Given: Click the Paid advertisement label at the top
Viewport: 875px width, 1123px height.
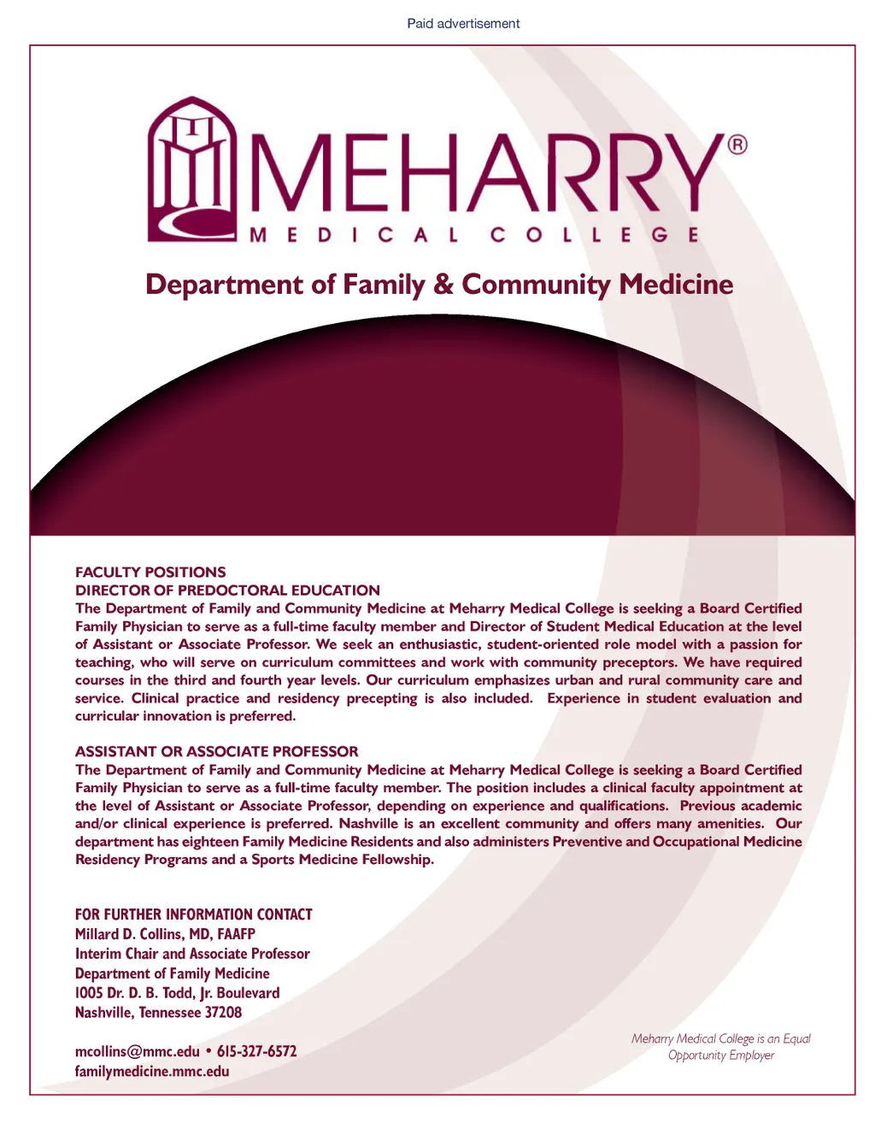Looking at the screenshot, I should click(x=463, y=24).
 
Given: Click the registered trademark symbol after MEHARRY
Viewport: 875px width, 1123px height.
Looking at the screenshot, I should click(x=737, y=144).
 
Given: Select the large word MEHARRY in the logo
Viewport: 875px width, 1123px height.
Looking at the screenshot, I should click(x=483, y=174).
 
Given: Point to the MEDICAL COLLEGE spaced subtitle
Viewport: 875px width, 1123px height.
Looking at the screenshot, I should click(x=474, y=235).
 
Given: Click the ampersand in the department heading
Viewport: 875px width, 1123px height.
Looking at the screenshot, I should click(x=443, y=285).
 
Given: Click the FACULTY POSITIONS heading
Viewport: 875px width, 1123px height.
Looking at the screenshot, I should click(x=150, y=573).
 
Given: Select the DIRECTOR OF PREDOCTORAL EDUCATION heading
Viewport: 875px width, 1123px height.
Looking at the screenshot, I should click(x=227, y=591).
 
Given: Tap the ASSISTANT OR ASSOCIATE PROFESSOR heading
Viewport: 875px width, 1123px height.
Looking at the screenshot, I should click(x=217, y=752).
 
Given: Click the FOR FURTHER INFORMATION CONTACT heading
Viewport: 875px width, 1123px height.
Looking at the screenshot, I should click(x=194, y=914).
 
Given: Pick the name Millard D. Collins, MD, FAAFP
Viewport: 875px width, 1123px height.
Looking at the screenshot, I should click(x=165, y=934).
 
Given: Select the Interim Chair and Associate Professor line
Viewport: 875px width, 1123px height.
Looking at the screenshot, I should click(x=192, y=954).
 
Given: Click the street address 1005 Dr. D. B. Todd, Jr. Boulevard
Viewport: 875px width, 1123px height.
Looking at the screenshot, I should click(x=177, y=993).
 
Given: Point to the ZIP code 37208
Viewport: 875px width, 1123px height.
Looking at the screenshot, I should click(x=223, y=1013).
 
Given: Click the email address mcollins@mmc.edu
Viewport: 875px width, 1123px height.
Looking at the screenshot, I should click(x=137, y=1052).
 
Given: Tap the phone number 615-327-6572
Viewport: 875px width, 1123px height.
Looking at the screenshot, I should click(x=256, y=1052).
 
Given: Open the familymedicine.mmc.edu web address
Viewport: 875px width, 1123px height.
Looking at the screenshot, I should click(x=152, y=1072).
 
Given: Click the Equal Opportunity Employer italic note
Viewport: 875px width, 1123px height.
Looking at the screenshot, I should click(x=721, y=1047).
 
